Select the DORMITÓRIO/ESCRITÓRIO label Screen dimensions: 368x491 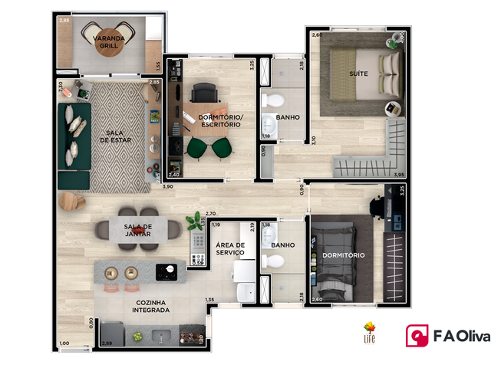click(221, 120)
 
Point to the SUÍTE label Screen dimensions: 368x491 click(358, 74)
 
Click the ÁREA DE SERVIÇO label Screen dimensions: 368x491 click(231, 248)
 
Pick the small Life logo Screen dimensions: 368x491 click(370, 333)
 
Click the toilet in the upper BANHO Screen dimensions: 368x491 click(272, 100)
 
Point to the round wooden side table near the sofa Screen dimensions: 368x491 click(68, 201)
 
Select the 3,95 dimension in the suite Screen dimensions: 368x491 click(398, 176)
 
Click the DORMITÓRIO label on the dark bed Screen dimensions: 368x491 click(343, 255)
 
